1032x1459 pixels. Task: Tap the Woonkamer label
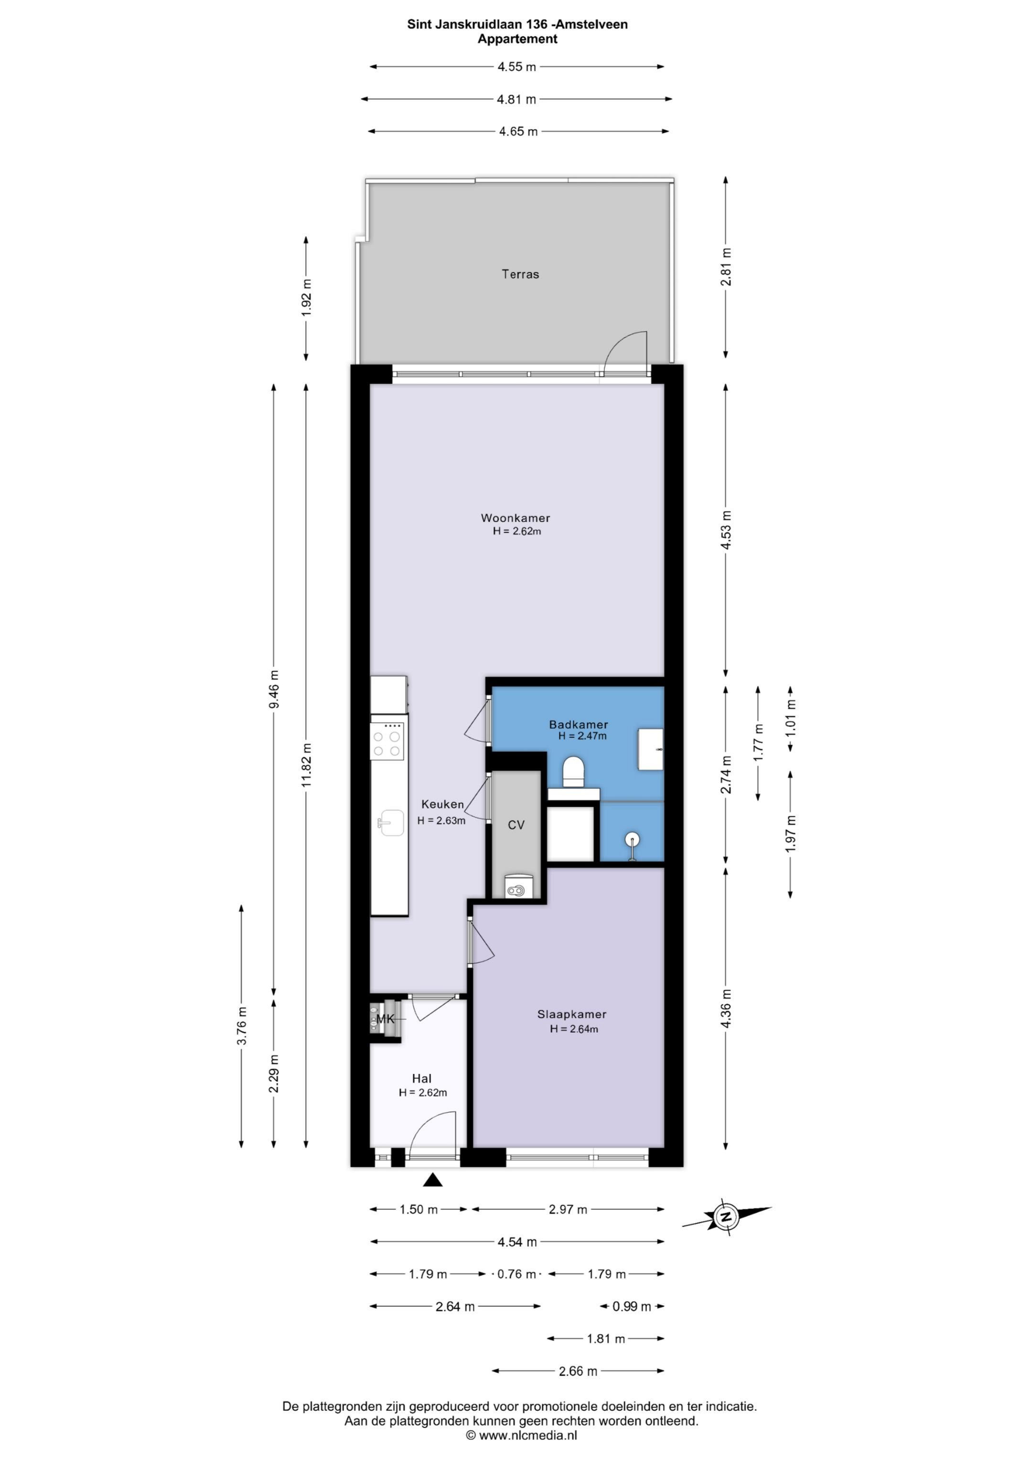[x=515, y=518]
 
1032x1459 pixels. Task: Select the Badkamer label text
[x=579, y=724]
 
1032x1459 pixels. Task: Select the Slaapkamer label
[x=571, y=1014]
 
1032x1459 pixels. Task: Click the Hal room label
[x=421, y=1078]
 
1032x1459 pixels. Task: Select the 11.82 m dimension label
[x=306, y=765]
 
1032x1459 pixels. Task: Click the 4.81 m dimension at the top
[x=516, y=99]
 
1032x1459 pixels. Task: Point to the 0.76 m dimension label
[x=516, y=1274]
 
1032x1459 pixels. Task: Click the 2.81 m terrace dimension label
[x=726, y=267]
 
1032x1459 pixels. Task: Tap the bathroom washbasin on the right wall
[x=650, y=750]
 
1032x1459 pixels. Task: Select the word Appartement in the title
[x=517, y=39]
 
